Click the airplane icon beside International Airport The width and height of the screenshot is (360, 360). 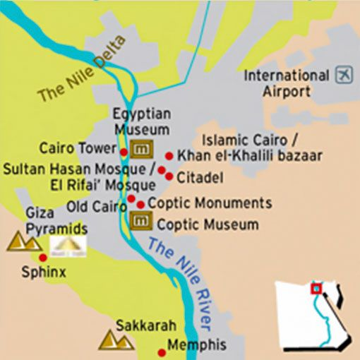(x=344, y=75)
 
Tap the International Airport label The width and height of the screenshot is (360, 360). (x=286, y=83)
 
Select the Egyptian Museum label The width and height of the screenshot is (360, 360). (x=141, y=121)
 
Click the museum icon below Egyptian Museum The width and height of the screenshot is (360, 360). (x=143, y=149)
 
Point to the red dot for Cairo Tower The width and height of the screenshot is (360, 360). (x=124, y=151)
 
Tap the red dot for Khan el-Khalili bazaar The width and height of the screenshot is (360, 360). (x=169, y=155)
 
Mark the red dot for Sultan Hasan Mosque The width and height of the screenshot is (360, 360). (x=162, y=170)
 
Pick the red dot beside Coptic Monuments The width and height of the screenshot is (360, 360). (x=141, y=205)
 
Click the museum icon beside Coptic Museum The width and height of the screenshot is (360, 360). (x=141, y=222)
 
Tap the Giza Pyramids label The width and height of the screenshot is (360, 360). (x=56, y=221)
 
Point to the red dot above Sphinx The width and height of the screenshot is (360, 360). (x=43, y=258)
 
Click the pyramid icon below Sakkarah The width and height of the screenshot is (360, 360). (x=116, y=340)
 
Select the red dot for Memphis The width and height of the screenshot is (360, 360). (x=160, y=347)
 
